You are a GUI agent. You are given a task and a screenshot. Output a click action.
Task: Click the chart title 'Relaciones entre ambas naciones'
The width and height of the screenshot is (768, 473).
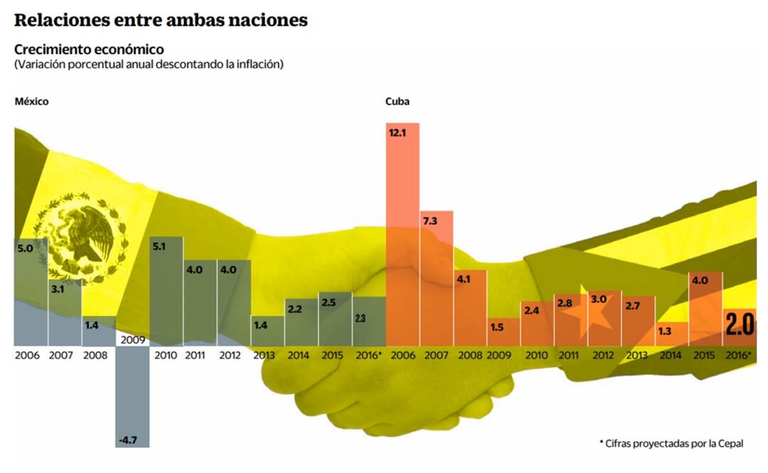click(161, 20)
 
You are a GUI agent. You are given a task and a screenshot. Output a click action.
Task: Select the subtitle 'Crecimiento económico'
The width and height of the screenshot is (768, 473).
click(89, 50)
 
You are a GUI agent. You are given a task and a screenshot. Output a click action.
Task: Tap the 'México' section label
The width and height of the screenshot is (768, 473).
click(31, 102)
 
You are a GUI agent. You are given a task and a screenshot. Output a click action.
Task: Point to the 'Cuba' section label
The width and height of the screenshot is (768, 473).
click(397, 102)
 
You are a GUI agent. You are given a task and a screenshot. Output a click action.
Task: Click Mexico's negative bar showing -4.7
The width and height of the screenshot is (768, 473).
click(133, 398)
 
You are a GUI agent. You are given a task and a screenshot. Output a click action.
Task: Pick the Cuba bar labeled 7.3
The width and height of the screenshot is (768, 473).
click(436, 277)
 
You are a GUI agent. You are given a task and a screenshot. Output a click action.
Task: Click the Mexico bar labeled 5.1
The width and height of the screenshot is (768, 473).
click(166, 291)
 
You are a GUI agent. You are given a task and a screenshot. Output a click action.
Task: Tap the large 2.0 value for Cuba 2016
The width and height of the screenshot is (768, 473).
click(740, 324)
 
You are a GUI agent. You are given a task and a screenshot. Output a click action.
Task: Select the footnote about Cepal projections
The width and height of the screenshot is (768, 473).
click(671, 443)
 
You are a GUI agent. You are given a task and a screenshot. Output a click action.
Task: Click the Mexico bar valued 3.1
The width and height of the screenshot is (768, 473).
click(65, 312)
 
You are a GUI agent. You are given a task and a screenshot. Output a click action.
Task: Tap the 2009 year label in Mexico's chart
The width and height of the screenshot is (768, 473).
click(133, 340)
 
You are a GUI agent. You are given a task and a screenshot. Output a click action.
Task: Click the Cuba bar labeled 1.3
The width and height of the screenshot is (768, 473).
click(672, 334)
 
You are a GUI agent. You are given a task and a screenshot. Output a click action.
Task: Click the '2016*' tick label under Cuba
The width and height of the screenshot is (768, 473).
click(740, 355)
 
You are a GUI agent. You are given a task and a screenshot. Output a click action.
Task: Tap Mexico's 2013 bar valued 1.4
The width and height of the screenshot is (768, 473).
click(268, 332)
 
